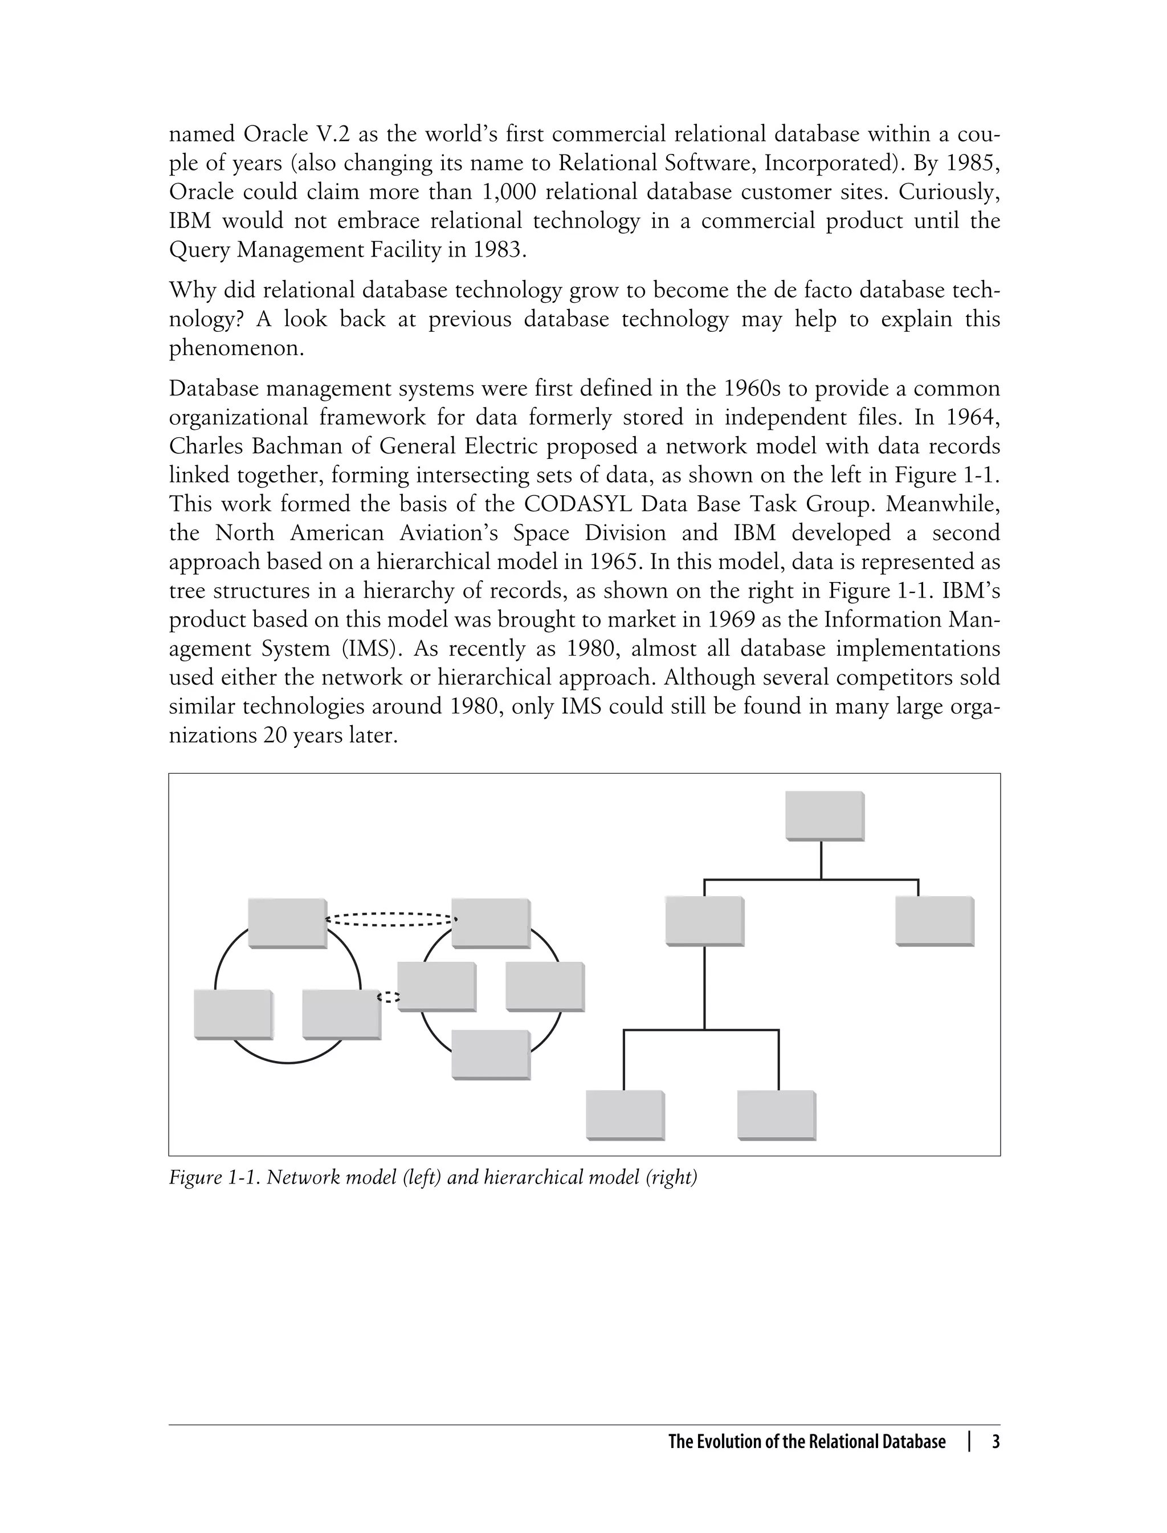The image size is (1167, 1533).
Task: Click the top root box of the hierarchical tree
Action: click(x=824, y=815)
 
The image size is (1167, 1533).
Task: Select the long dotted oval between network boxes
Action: click(x=390, y=920)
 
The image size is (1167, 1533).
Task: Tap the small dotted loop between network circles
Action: click(x=389, y=997)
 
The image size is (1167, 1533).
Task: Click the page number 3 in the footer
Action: click(x=995, y=1442)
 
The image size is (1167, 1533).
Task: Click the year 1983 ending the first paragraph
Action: click(x=497, y=250)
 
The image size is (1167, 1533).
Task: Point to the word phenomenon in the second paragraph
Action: click(x=236, y=348)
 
